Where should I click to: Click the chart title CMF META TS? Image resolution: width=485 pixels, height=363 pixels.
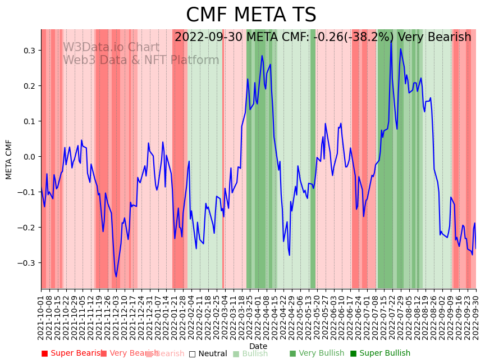point(251,15)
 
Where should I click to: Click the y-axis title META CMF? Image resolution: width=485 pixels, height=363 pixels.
point(9,159)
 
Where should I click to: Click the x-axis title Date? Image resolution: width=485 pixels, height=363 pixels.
point(258,346)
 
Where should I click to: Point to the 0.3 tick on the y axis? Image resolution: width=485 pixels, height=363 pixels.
point(28,51)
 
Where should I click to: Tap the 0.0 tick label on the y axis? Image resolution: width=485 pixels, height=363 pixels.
point(28,157)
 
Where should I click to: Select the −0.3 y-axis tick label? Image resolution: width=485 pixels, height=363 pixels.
point(26,263)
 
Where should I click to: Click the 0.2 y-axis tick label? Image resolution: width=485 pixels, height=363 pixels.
point(28,86)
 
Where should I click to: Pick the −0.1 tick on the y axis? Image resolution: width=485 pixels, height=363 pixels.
point(26,192)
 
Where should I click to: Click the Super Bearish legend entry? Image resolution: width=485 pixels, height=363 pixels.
point(71,353)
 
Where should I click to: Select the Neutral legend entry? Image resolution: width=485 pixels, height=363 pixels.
point(208,353)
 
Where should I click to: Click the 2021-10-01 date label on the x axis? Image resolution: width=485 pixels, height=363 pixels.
point(41,317)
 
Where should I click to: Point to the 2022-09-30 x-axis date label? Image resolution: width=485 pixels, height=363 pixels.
point(476,317)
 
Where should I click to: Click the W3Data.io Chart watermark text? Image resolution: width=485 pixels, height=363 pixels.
point(111,48)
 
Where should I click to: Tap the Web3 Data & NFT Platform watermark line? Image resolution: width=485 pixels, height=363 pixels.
point(141,61)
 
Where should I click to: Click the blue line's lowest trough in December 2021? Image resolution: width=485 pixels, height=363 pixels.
point(116,276)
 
